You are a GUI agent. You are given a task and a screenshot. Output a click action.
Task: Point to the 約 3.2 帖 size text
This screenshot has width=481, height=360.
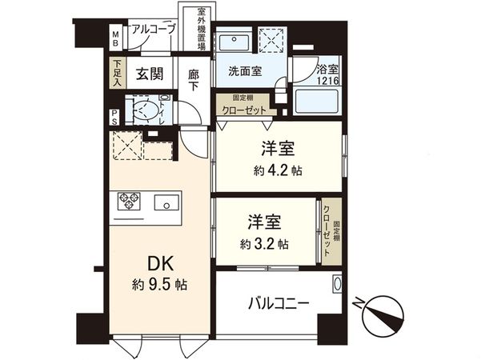263,243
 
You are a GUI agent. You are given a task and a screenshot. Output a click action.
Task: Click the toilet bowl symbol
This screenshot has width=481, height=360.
145,110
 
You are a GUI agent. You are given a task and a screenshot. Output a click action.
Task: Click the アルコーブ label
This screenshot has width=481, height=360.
154,29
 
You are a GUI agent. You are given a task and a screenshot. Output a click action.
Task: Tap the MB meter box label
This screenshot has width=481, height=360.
115,38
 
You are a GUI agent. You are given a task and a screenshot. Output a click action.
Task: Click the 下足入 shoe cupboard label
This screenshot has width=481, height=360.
117,74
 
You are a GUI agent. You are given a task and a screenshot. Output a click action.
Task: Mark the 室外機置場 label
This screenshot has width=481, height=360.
203,30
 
